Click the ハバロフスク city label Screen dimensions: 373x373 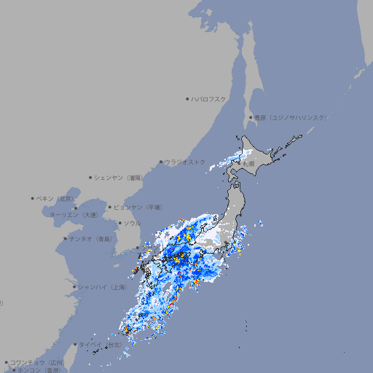(x=209, y=98)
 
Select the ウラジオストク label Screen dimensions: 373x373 (x=186, y=162)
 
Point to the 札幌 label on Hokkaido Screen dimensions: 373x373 (x=249, y=165)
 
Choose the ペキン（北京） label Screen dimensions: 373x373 (x=56, y=198)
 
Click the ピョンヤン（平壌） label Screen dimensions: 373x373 (x=139, y=207)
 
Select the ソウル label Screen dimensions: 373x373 (x=132, y=223)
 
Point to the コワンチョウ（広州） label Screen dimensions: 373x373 (x=37, y=362)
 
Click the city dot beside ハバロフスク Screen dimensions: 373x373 (x=187, y=98)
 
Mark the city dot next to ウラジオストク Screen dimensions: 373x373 (x=161, y=162)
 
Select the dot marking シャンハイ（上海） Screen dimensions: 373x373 (x=75, y=287)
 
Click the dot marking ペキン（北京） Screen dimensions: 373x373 (x=33, y=198)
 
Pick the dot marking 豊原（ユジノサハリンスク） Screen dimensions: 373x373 (x=250, y=117)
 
